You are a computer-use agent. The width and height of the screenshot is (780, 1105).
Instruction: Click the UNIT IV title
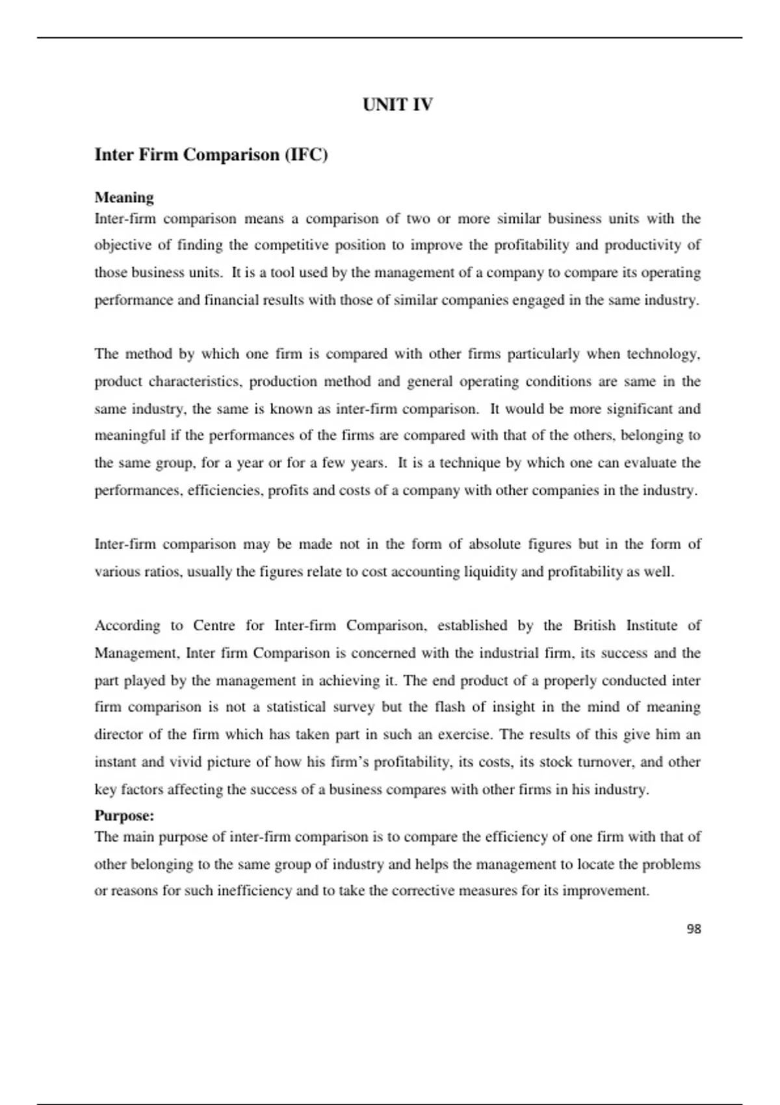(397, 105)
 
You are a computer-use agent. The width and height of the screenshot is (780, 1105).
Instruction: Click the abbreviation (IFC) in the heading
(305, 155)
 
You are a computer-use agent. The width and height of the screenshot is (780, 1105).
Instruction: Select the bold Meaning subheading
(124, 197)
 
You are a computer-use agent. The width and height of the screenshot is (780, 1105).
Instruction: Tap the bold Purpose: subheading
(124, 815)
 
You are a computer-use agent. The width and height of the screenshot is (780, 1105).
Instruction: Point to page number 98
(694, 929)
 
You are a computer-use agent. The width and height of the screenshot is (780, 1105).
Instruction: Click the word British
(594, 625)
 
